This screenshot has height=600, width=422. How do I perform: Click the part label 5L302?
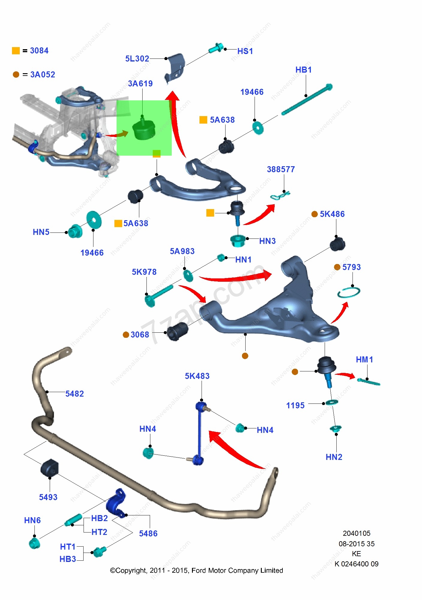coord(137,58)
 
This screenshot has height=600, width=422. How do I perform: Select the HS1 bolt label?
coord(245,51)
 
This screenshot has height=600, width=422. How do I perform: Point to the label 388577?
coord(281,169)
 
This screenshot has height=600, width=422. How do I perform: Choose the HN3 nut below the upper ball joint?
coord(238,241)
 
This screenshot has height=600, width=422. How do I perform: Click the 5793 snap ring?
coord(349,292)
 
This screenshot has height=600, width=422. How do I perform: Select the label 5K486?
coord(332,214)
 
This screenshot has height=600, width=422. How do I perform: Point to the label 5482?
coord(75,394)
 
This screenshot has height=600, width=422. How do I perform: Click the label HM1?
coord(364,359)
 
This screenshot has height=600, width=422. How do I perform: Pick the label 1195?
coord(295,406)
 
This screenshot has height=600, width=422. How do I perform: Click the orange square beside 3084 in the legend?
coord(16,51)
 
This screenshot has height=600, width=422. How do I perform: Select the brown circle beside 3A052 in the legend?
coord(16,74)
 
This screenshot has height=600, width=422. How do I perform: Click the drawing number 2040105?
coord(356,533)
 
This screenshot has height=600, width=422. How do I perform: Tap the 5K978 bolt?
coord(159,295)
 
